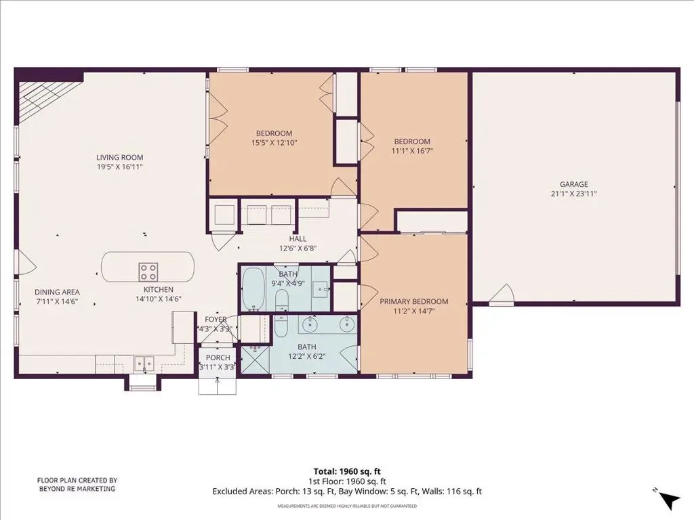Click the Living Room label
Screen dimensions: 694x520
coord(119,157)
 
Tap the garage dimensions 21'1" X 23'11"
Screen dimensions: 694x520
coord(573,194)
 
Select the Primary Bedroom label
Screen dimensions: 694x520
coord(414,301)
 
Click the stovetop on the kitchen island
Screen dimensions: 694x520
coord(148,272)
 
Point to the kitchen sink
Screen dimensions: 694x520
coord(144,364)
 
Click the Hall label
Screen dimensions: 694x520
coord(298,239)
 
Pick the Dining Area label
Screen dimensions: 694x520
coord(57,292)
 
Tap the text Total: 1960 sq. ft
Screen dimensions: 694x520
coord(347,471)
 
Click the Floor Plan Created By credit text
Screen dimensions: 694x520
coord(77,485)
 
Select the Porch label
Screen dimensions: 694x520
coord(218,357)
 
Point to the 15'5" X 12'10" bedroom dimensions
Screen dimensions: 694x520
coord(274,143)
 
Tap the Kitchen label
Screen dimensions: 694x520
coord(159,290)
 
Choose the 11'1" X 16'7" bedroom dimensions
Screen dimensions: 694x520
coord(412,151)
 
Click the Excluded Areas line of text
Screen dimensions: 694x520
coord(347,492)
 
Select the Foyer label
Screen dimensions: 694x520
coord(216,320)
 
